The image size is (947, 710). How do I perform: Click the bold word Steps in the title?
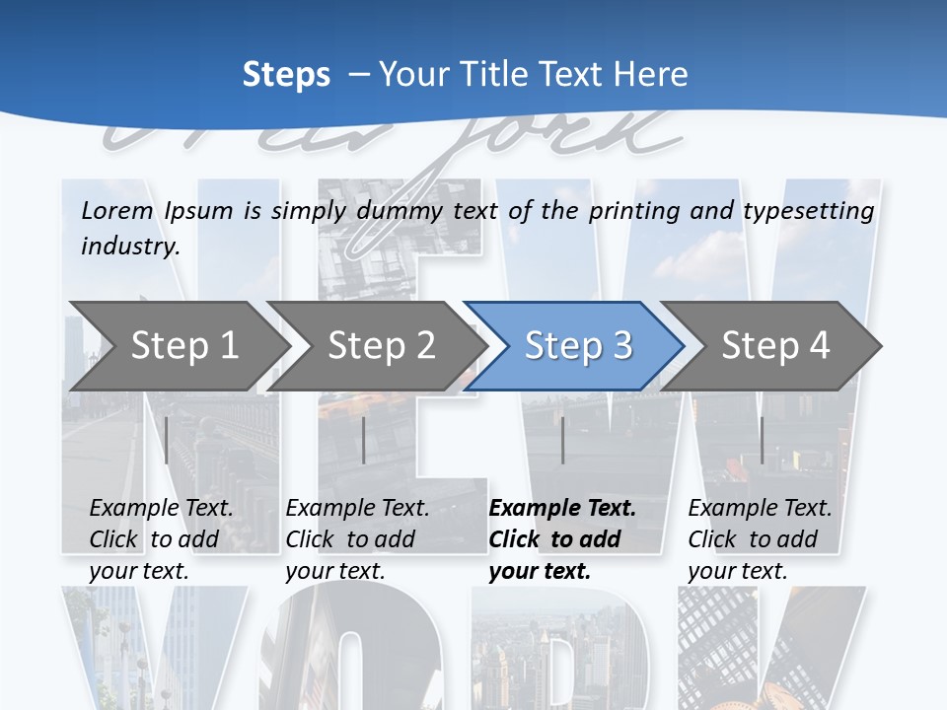[x=286, y=74]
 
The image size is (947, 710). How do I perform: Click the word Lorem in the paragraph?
[x=116, y=210]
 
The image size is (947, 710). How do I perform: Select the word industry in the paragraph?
[x=129, y=246]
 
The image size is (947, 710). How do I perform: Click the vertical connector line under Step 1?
[x=167, y=440]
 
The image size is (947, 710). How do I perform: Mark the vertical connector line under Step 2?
[x=364, y=440]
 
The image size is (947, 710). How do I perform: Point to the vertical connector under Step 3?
[x=562, y=440]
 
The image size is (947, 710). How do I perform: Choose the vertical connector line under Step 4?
[x=762, y=440]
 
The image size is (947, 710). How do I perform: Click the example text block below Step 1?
[x=161, y=539]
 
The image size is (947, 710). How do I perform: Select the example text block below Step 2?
[x=357, y=539]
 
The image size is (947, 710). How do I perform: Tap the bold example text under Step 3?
[x=562, y=539]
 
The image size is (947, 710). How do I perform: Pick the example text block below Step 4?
[x=760, y=539]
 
